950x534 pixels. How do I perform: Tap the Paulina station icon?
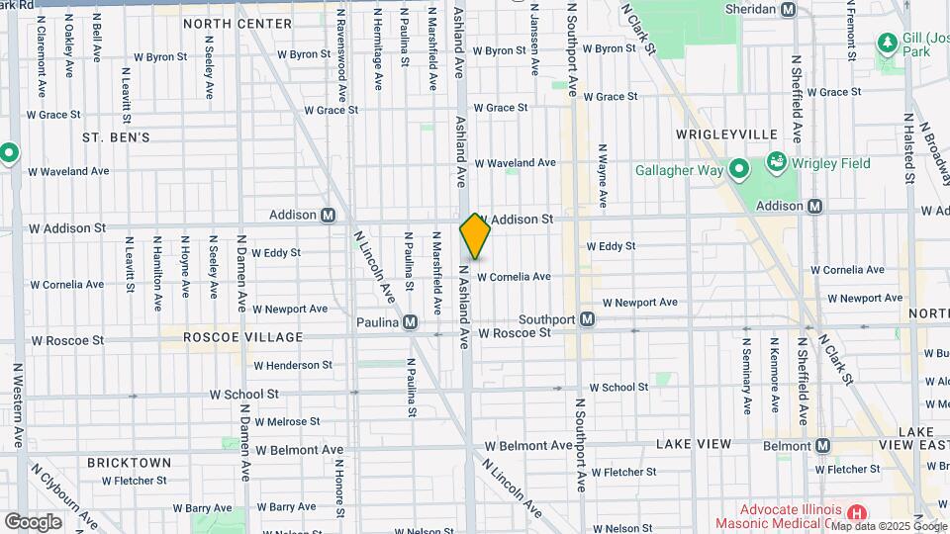click(410, 322)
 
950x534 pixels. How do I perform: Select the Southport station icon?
click(587, 319)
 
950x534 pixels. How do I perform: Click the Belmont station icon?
click(823, 446)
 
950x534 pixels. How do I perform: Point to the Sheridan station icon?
click(788, 9)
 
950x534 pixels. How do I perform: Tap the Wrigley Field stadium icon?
click(777, 162)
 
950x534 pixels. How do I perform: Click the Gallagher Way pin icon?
click(738, 170)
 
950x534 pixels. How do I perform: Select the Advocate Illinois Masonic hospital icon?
click(857, 514)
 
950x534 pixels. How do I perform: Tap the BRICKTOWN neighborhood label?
click(129, 462)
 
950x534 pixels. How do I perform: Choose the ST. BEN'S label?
click(116, 136)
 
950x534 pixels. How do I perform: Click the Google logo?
click(33, 521)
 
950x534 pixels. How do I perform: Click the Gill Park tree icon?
click(886, 43)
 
